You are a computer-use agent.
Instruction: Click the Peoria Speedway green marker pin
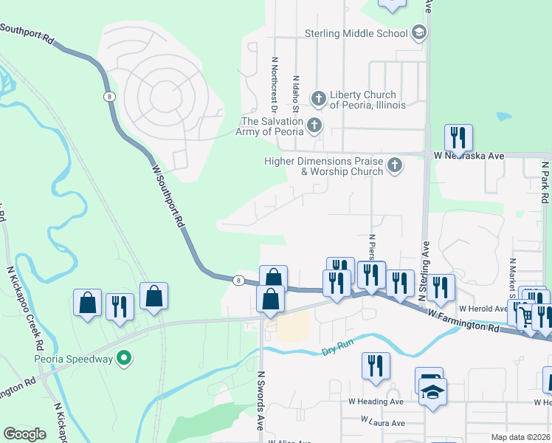[x=125, y=360]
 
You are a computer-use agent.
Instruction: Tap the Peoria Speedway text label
[x=74, y=360]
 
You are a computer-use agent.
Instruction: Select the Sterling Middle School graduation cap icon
[x=419, y=33]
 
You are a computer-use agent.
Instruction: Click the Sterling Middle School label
[x=356, y=33]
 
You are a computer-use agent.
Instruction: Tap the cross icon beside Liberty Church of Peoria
[x=318, y=98]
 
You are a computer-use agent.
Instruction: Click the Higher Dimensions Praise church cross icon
[x=395, y=165]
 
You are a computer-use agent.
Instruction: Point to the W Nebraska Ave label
[x=469, y=156]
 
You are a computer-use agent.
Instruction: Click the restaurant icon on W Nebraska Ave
[x=458, y=137]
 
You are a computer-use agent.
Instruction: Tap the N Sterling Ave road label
[x=424, y=269]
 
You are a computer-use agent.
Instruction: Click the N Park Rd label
[x=545, y=183]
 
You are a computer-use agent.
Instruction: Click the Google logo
[x=25, y=433]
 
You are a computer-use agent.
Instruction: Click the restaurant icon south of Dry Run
[x=376, y=365]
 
